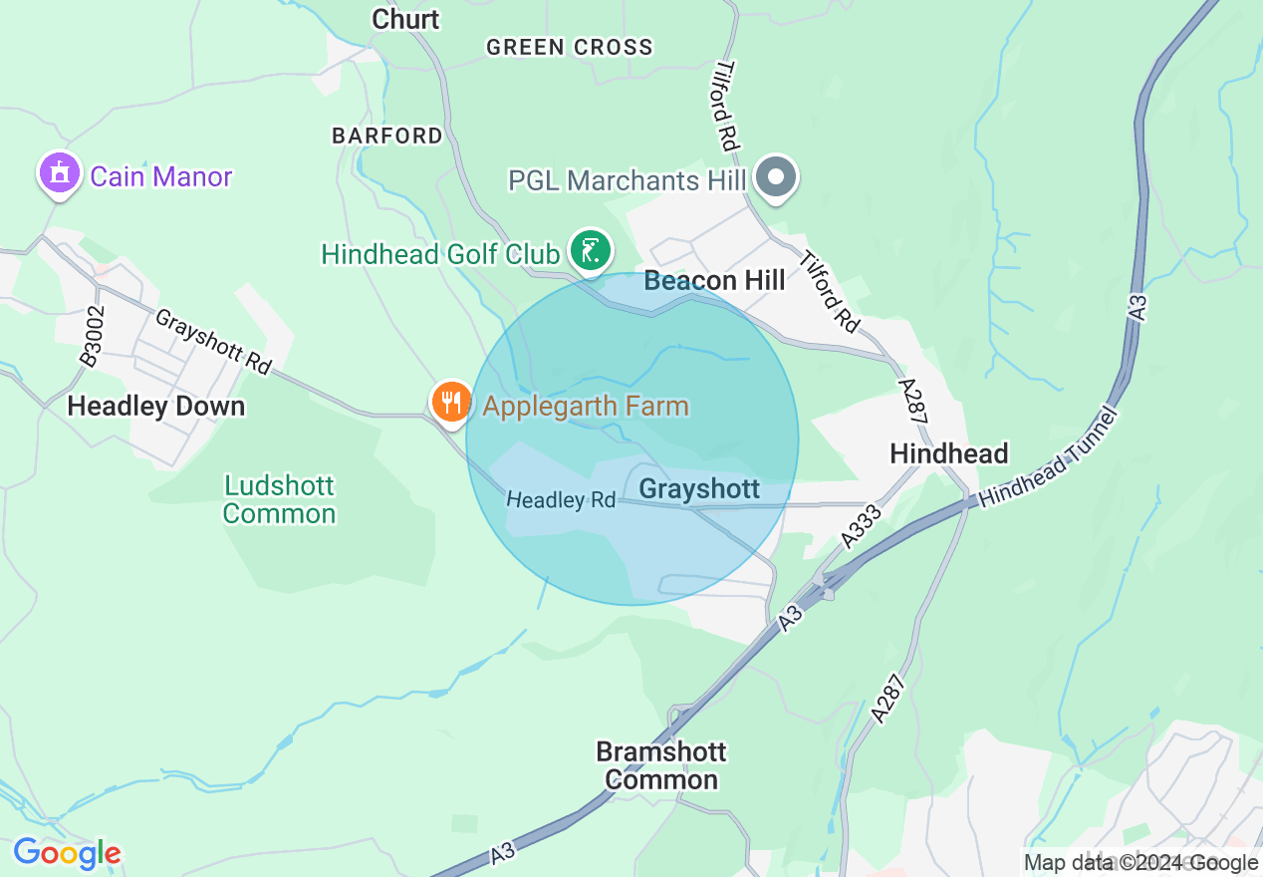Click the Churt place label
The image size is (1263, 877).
[x=405, y=19]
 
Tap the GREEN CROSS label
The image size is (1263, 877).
[x=570, y=47]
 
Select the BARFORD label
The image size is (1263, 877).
[x=387, y=136]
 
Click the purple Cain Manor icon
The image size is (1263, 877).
[x=59, y=174]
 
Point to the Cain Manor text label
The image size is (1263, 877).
[x=160, y=177]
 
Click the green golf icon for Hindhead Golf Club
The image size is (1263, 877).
[x=590, y=250]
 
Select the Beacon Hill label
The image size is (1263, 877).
[x=714, y=281]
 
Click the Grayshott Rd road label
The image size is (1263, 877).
[x=212, y=341]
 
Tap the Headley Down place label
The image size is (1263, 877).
[x=155, y=407]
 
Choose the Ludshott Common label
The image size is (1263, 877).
[x=279, y=500]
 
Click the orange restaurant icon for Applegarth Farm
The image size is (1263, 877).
[x=451, y=402]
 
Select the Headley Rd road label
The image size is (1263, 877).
[x=561, y=499]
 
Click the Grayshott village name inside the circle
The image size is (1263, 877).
[x=699, y=489]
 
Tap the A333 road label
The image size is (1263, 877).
[x=862, y=525]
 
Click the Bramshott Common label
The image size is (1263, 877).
[x=661, y=765]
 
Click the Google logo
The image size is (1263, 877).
[x=67, y=854]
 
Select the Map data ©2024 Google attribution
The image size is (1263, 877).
[x=1140, y=863]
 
